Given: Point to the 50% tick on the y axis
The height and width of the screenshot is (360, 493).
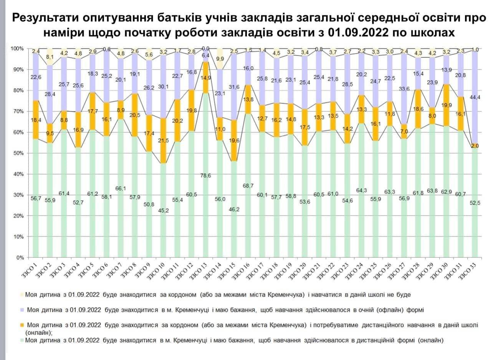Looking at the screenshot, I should click(x=18, y=153).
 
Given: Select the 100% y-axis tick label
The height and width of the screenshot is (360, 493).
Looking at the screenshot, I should click(x=17, y=49).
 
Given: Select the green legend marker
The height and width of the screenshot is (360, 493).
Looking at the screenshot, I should click(x=23, y=340).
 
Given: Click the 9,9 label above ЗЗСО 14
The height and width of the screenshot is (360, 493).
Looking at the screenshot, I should click(x=220, y=59).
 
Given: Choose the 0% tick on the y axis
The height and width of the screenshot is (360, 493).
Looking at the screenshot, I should click(x=20, y=258).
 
